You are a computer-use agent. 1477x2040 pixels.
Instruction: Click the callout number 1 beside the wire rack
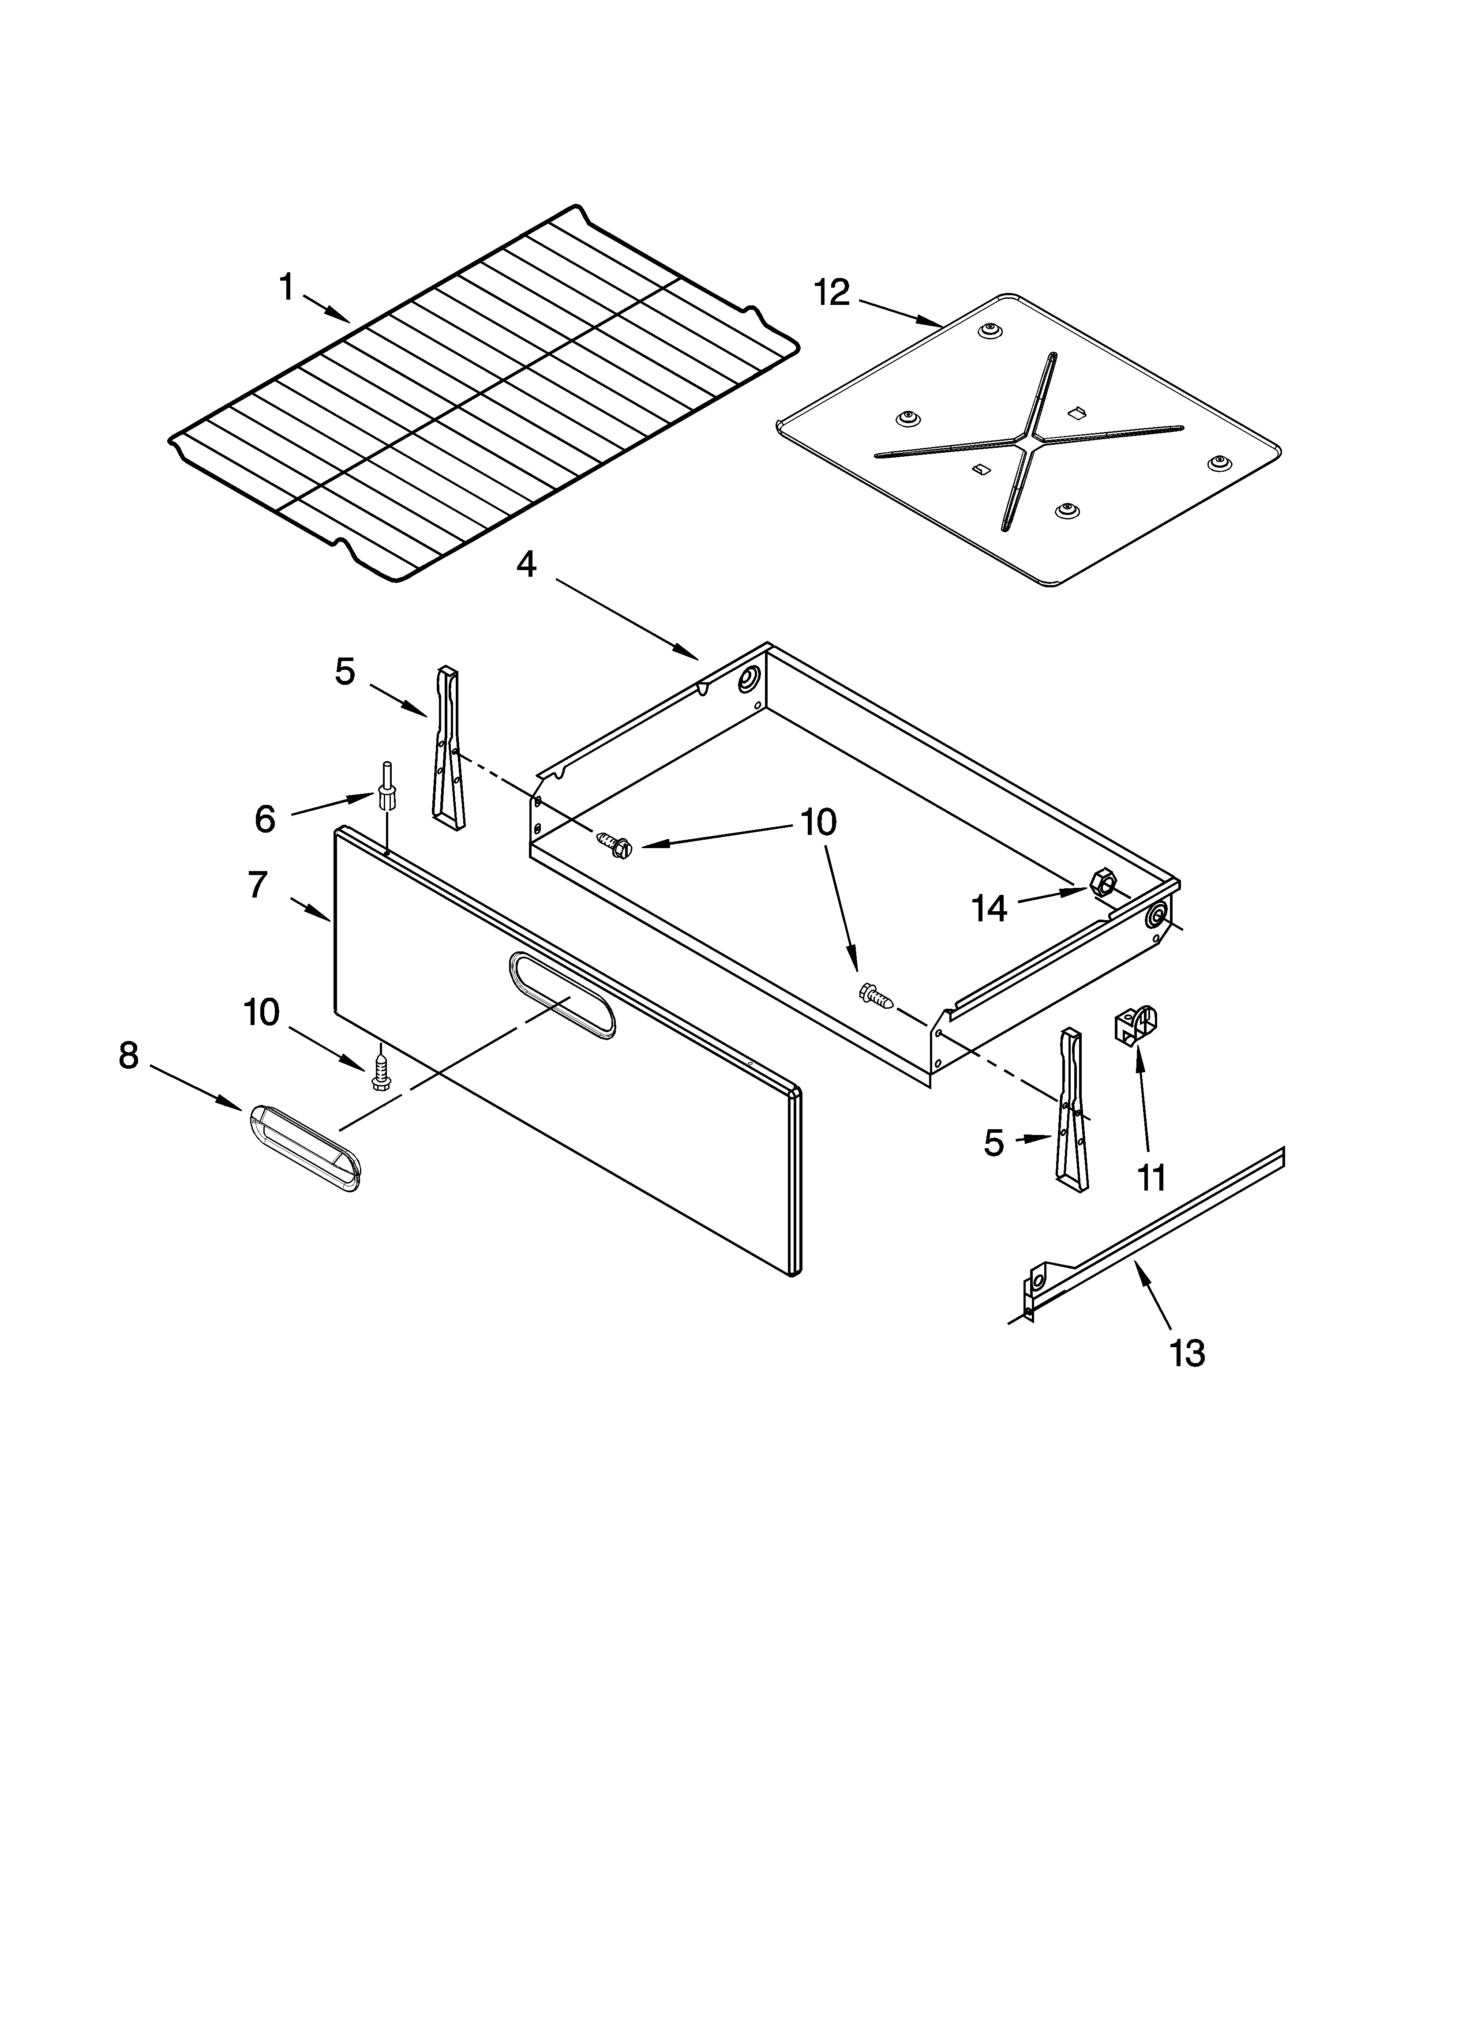(x=286, y=288)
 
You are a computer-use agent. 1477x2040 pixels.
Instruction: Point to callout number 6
(x=264, y=819)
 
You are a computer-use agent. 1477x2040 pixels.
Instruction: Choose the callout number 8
(x=129, y=1055)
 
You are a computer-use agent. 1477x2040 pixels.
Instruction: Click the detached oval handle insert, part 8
(x=303, y=1149)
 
